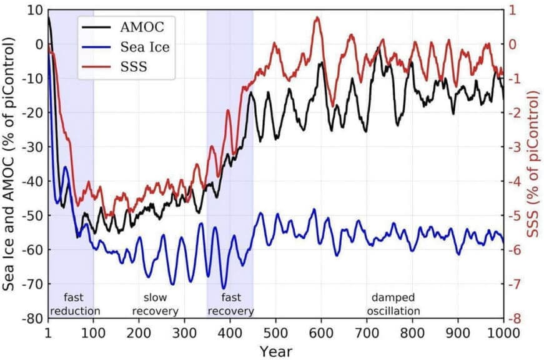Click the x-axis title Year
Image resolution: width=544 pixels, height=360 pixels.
point(275,350)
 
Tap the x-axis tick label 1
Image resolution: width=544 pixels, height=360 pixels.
point(48,331)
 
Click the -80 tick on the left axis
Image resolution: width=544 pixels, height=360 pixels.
point(31,318)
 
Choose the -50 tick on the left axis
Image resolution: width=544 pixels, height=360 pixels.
point(31,216)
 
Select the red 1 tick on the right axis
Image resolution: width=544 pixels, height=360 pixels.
point(513,10)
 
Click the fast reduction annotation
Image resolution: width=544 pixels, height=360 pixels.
point(75,304)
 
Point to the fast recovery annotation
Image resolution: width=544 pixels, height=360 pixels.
point(230,304)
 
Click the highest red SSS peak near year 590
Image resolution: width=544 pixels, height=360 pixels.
point(317,17)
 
